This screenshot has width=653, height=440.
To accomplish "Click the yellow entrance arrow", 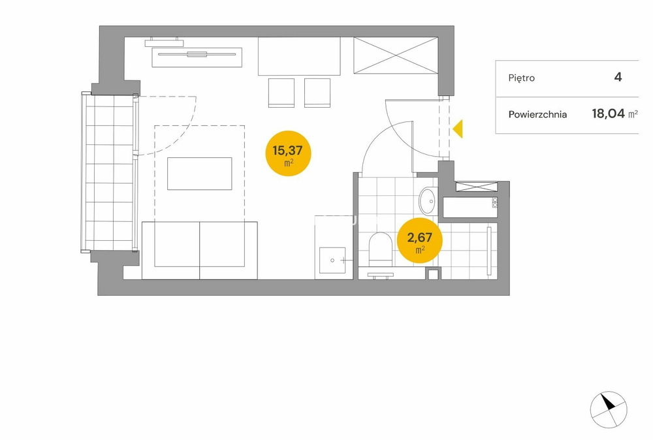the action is [x=458, y=129].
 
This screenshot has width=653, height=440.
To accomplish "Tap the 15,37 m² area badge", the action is [x=288, y=153].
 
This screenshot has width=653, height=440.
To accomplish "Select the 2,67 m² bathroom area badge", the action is [x=420, y=241].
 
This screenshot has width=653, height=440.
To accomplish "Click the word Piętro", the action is [x=521, y=78].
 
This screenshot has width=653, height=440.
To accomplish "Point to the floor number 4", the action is [x=618, y=77].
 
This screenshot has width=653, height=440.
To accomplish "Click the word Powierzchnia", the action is [x=537, y=114].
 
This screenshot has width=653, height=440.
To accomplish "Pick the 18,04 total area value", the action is [x=609, y=113].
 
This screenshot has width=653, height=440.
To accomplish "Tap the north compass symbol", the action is [x=609, y=409].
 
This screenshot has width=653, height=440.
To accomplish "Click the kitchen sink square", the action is [x=332, y=260].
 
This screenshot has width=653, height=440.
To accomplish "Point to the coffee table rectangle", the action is [x=199, y=174].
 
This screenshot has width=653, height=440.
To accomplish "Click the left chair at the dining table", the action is [x=281, y=93].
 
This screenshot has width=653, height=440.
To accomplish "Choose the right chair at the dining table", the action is [x=317, y=93].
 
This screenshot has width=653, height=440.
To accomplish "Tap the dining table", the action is [x=299, y=56].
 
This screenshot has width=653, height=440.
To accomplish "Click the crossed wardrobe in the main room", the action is [x=396, y=55].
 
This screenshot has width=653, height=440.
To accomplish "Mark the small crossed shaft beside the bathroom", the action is [x=477, y=187].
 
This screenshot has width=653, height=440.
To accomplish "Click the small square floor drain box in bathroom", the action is [x=433, y=274].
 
